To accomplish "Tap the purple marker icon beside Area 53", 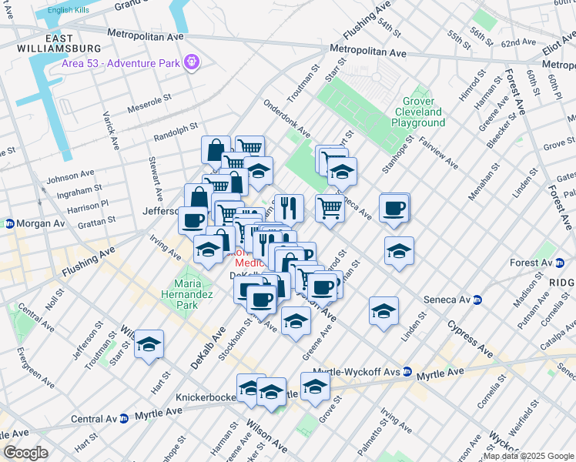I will (x=192, y=62).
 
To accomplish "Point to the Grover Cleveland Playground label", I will (x=417, y=112).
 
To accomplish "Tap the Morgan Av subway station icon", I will (x=9, y=223).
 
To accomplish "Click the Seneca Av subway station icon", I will (x=478, y=300).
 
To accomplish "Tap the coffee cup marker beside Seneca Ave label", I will (x=394, y=207).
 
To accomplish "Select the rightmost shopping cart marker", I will (x=330, y=206).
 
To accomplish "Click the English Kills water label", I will (x=68, y=10).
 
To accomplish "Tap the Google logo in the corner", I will (x=25, y=453).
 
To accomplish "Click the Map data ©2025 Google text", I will (x=527, y=457).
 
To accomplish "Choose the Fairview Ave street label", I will (x=439, y=154).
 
